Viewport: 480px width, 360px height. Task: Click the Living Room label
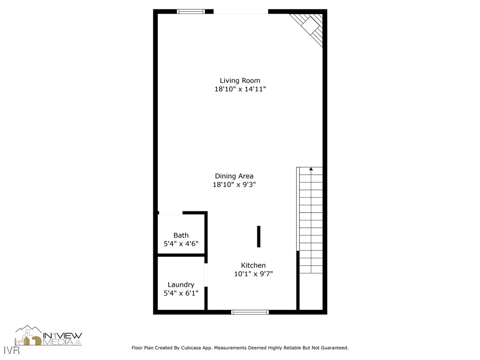(240, 81)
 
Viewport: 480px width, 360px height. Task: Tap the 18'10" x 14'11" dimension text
(240, 89)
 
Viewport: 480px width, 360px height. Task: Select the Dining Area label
(234, 176)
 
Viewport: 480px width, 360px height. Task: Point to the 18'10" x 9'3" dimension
(234, 185)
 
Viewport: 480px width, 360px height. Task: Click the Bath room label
(181, 235)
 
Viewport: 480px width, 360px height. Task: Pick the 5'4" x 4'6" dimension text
(181, 244)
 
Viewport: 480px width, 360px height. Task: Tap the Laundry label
(181, 285)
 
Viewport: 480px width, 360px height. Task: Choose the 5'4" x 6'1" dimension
(181, 293)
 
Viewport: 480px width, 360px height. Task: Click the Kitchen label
(253, 265)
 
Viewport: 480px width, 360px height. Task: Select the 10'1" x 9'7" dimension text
(253, 274)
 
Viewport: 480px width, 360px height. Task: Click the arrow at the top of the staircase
(311, 169)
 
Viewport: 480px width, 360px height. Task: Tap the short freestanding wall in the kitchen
(258, 236)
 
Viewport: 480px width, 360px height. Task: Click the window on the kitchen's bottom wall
(250, 312)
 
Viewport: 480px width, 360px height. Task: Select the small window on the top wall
(191, 11)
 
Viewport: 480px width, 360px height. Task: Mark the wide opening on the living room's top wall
(240, 11)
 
